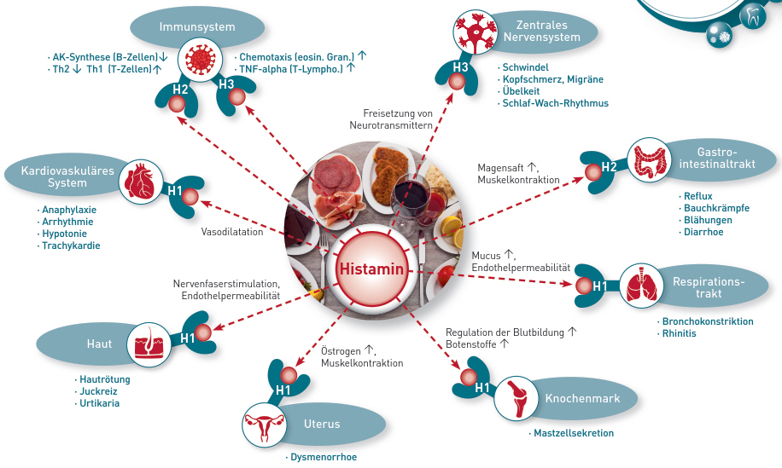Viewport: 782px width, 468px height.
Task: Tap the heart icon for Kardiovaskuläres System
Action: [x=137, y=182]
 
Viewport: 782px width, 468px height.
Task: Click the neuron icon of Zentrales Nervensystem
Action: [x=474, y=33]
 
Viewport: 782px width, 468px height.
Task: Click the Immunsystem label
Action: [x=197, y=26]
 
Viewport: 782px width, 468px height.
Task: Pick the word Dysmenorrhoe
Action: [x=323, y=458]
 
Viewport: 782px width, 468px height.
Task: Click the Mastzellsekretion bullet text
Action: [x=574, y=433]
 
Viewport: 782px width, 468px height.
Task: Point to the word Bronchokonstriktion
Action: [x=707, y=321]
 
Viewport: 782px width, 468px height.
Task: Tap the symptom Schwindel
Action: [x=526, y=66]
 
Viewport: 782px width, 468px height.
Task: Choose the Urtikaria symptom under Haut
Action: [x=99, y=403]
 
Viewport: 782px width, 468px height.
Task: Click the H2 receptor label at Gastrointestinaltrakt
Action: [x=608, y=166]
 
